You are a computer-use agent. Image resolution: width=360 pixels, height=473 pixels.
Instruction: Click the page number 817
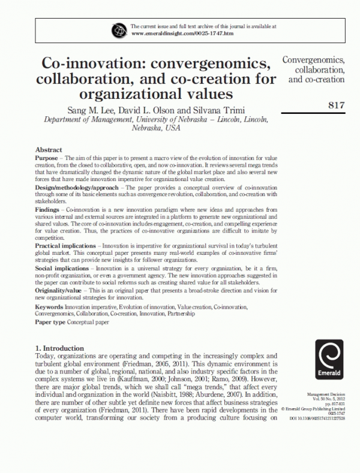point(337,106)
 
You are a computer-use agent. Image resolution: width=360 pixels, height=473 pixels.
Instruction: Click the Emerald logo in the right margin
point(324,360)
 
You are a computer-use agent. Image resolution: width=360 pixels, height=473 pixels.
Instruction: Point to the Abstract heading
point(49,149)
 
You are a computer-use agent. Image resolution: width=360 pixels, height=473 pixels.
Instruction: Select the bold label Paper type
point(50,322)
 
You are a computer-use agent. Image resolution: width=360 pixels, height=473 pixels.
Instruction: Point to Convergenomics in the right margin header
point(313,60)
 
